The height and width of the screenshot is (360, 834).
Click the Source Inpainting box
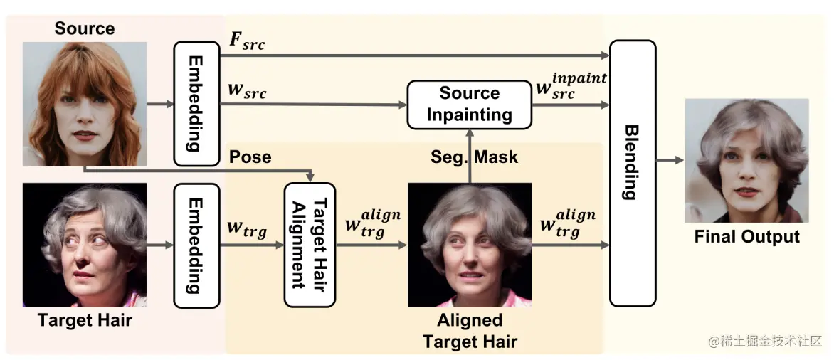tap(469, 105)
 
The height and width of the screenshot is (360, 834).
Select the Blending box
tap(632, 173)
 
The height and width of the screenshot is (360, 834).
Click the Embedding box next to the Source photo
tap(196, 103)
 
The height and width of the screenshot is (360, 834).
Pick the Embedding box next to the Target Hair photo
tap(196, 245)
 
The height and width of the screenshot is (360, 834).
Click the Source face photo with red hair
tap(85, 104)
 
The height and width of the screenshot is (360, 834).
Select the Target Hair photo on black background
tap(85, 245)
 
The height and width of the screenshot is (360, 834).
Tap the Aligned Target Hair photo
tap(470, 245)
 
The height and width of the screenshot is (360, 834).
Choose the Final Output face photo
tap(746, 161)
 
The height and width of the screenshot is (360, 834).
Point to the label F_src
tap(246, 42)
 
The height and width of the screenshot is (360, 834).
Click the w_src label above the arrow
tap(246, 92)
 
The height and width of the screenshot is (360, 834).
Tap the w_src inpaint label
tap(569, 87)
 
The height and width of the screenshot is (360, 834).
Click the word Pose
tap(250, 157)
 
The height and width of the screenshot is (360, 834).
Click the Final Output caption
tap(746, 237)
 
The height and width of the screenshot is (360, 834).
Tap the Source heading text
tap(84, 28)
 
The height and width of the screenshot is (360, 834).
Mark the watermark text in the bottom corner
tap(765, 342)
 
